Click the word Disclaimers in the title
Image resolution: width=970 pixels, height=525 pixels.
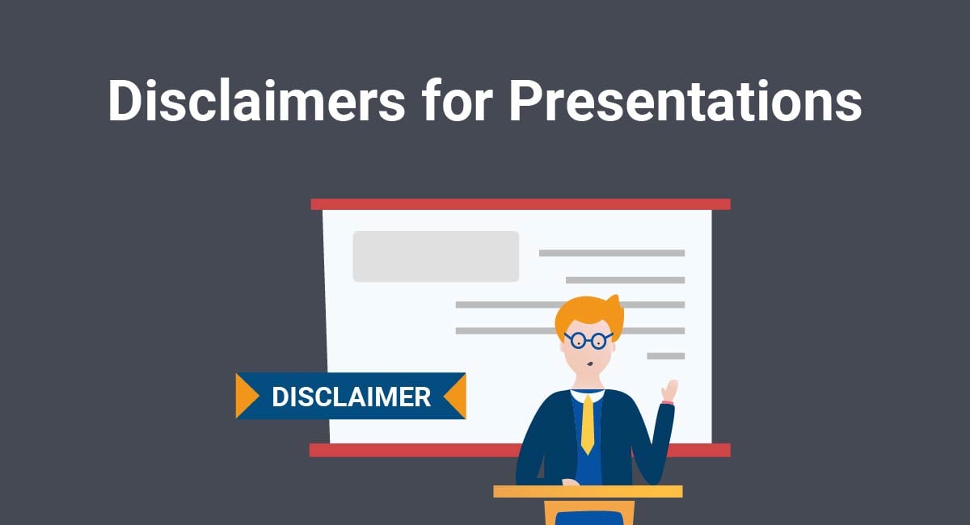[x=255, y=102]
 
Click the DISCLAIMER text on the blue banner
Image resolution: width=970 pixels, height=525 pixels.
[x=351, y=397]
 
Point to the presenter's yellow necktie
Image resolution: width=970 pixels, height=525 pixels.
[x=587, y=423]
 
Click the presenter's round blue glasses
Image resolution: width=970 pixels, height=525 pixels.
[x=588, y=340]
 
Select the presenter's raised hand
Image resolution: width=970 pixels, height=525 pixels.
[x=669, y=390]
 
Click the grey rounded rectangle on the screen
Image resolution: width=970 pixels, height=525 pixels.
[x=436, y=256]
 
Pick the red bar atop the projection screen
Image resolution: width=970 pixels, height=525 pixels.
[x=521, y=204]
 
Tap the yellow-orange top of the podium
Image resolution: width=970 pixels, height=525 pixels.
[x=588, y=491]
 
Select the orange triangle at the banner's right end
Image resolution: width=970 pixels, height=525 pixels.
[x=457, y=396]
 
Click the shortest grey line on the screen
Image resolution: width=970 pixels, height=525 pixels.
[x=665, y=355]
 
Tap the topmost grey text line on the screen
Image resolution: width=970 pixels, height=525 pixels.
[x=611, y=253]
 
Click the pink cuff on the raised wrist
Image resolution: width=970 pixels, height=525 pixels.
[x=667, y=401]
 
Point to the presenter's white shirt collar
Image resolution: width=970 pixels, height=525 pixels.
[x=588, y=394]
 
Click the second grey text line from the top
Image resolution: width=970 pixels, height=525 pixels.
[x=625, y=279]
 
